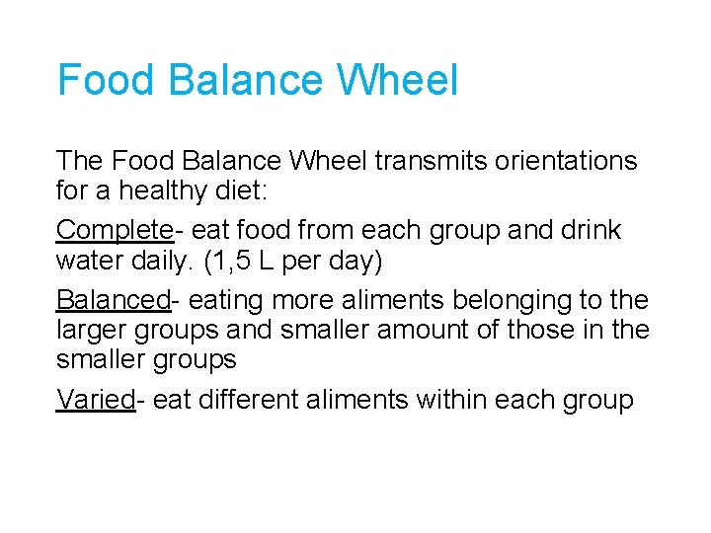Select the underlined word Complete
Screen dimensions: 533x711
click(115, 230)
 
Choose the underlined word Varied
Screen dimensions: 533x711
click(95, 399)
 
